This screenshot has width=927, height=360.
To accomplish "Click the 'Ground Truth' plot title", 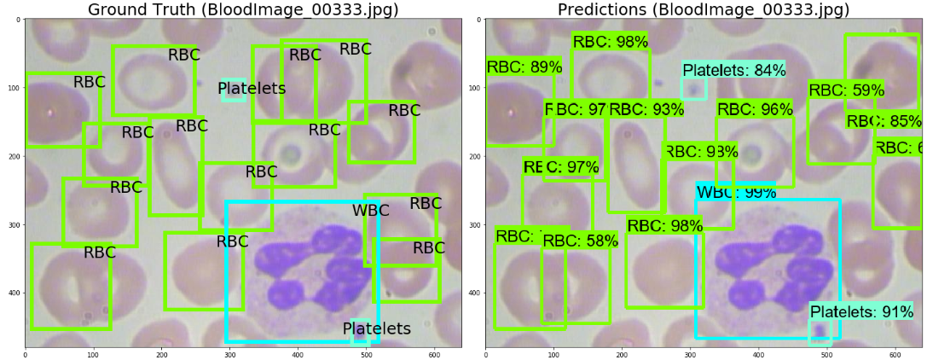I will [243, 10].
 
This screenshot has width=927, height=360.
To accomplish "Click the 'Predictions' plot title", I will [704, 10].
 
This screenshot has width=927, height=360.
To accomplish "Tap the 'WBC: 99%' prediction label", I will [730, 193].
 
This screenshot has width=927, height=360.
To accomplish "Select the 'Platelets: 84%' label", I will [733, 71].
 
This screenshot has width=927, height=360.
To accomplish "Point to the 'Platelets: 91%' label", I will [861, 312].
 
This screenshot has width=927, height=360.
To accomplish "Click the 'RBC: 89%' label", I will [524, 67].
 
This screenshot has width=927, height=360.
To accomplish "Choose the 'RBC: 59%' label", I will [846, 90].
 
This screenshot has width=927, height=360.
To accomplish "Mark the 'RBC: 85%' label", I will [884, 122].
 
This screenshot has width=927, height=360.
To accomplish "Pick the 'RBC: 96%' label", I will [755, 109].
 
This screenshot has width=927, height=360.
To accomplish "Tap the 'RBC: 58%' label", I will [580, 241].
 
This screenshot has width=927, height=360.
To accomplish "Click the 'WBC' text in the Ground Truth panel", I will [370, 211].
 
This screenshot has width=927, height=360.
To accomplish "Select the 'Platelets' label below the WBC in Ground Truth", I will [376, 328].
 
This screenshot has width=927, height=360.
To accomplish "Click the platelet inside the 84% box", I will [694, 88].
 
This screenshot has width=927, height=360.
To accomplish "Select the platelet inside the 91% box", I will [820, 332].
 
